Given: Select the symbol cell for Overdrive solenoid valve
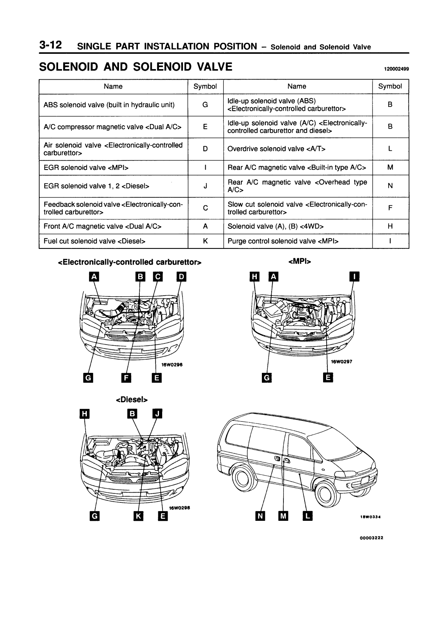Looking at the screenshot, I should [390, 149].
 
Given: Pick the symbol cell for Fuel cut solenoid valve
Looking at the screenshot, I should [205, 241].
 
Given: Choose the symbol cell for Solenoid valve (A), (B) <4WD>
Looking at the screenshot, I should [390, 226].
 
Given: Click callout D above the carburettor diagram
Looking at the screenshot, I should [181, 277].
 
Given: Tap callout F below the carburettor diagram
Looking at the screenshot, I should [126, 378].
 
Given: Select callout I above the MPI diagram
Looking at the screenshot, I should [354, 277].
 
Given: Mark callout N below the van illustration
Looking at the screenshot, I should [259, 515].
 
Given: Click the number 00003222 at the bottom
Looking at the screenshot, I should [371, 538].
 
